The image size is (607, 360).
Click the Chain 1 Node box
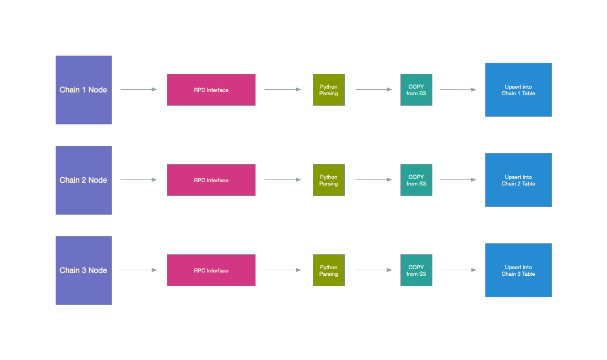click(x=83, y=90)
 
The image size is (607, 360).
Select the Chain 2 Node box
click(x=83, y=180)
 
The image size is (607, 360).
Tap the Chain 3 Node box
click(x=83, y=270)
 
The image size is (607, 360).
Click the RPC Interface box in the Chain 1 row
click(x=211, y=90)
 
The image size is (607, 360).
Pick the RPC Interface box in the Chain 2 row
click(x=211, y=180)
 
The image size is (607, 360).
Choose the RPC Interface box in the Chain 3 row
click(x=211, y=270)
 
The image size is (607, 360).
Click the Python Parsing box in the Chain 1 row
click(x=328, y=90)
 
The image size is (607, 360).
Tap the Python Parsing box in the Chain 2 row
click(x=328, y=180)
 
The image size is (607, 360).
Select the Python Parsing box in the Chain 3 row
click(x=328, y=270)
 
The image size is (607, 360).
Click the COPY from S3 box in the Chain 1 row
click(x=416, y=90)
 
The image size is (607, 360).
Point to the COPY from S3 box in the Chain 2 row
click(x=416, y=180)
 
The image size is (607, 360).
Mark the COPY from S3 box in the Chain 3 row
click(x=416, y=270)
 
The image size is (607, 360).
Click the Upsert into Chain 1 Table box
click(x=518, y=90)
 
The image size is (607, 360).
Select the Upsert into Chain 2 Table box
click(x=518, y=180)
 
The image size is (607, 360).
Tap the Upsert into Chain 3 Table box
click(x=518, y=270)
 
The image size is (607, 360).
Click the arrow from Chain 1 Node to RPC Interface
click(x=139, y=89)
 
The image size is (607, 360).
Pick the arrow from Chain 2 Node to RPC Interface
click(x=139, y=179)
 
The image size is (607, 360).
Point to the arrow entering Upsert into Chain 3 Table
click(x=458, y=270)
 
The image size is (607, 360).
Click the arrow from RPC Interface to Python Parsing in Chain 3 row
click(x=283, y=270)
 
